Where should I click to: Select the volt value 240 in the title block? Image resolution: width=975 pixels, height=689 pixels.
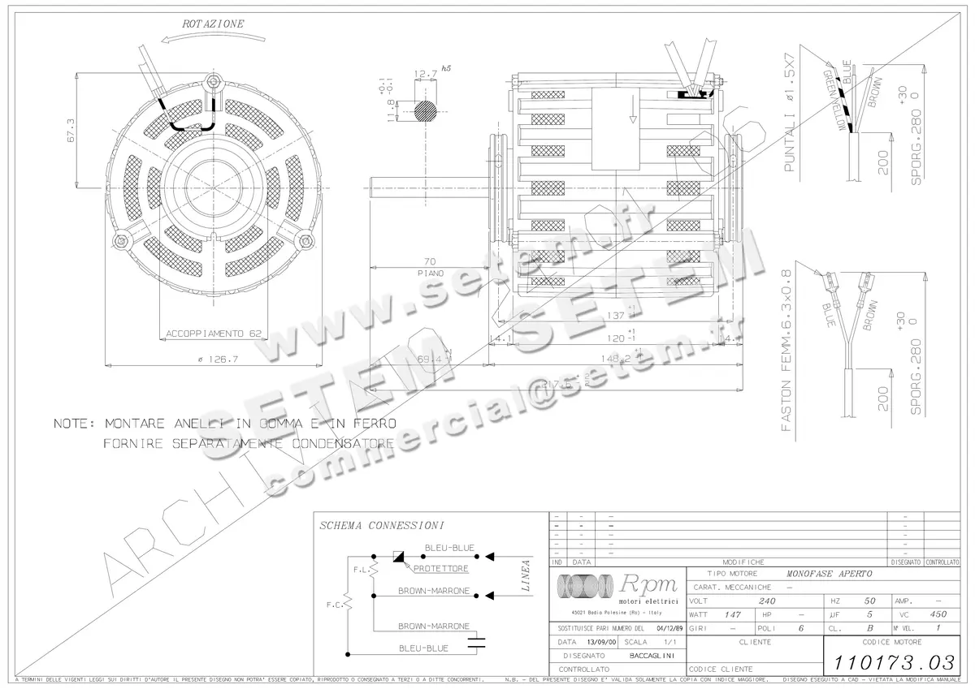click(766, 601)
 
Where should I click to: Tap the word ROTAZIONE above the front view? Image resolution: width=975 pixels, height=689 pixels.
click(213, 24)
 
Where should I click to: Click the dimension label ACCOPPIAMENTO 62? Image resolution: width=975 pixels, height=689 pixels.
click(214, 333)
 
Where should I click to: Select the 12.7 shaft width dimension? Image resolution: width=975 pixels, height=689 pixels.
click(425, 74)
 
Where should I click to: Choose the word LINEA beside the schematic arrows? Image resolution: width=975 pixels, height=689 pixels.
click(526, 575)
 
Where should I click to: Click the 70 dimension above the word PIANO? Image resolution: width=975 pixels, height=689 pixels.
click(431, 261)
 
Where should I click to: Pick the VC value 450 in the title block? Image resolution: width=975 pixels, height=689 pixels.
click(938, 615)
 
